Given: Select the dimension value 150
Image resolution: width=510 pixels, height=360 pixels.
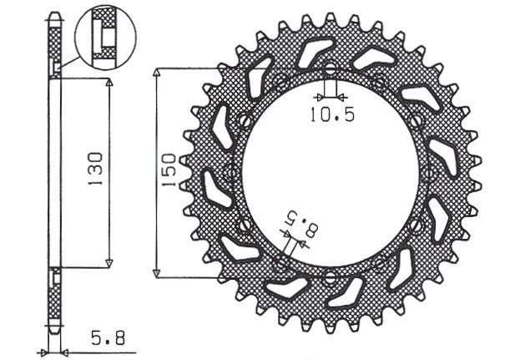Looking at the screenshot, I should click(168, 169).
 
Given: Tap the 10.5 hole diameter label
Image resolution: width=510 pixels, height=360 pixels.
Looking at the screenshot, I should click(331, 115).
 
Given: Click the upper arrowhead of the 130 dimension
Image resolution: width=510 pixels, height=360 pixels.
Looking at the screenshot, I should click(109, 84).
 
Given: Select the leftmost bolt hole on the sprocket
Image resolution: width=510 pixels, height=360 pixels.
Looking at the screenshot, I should click(228, 173).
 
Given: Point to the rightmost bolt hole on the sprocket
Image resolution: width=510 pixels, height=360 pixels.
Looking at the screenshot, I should click(432, 173).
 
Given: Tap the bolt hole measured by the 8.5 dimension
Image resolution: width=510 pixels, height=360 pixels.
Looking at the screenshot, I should click(280, 264).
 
